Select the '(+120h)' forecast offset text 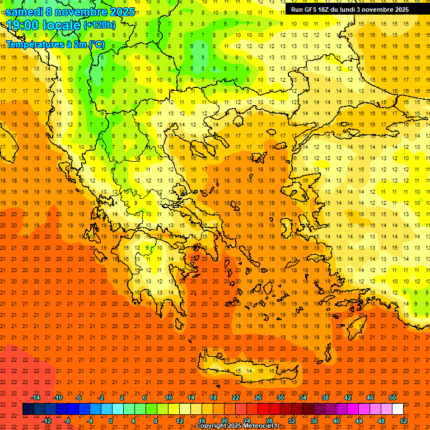[99, 25]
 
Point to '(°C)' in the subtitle [96, 44]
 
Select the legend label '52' [404, 421]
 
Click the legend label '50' [392, 398]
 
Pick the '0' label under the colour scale [111, 421]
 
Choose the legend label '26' [258, 398]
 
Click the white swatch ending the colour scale [398, 409]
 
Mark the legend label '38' [325, 398]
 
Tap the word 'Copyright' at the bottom [212, 426]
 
